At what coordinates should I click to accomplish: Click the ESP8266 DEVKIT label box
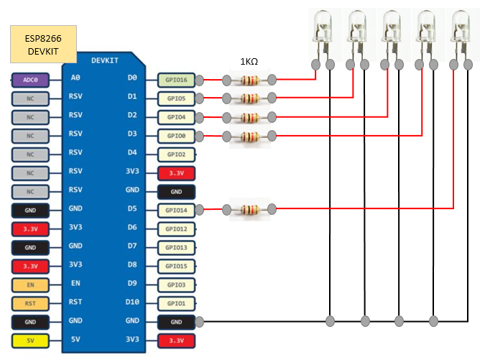(x=42, y=45)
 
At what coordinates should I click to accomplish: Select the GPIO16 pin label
(x=176, y=80)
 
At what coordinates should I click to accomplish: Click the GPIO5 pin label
(x=176, y=98)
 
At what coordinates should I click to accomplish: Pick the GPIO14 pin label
(x=176, y=210)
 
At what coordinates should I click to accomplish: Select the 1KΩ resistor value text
(x=249, y=62)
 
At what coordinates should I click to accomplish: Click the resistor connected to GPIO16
(x=249, y=80)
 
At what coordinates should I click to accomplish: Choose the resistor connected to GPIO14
(x=249, y=209)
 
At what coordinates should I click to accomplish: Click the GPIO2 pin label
(x=176, y=154)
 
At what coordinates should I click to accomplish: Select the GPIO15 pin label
(x=176, y=266)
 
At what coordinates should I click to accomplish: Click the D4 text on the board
(x=132, y=153)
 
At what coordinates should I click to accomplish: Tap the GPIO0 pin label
(x=176, y=135)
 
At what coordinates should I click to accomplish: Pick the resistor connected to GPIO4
(x=249, y=116)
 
